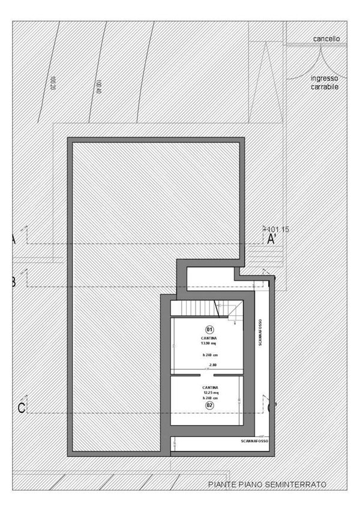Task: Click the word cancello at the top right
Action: pos(326,38)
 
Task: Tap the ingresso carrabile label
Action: pos(325,83)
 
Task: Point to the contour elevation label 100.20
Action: pos(53,82)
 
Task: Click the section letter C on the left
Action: pos(21,409)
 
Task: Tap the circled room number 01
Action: pos(209,329)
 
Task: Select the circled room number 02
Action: pos(209,405)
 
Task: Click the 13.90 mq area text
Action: pos(209,343)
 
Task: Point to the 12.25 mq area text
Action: pos(209,393)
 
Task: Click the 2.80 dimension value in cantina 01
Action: pos(212,365)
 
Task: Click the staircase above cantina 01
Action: pos(198,309)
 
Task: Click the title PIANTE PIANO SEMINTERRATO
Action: pos(267,484)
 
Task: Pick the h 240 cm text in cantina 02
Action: pos(209,398)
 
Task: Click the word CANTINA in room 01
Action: pos(209,338)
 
